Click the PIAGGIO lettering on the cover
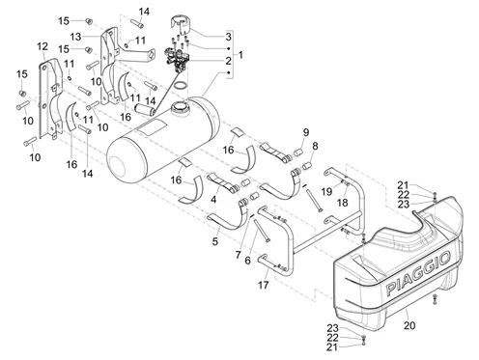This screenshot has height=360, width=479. [x=418, y=273]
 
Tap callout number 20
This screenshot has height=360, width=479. [x=409, y=325]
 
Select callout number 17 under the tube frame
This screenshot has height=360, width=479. [x=264, y=285]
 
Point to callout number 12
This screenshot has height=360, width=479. [x=42, y=46]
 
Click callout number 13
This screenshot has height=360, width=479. [x=75, y=37]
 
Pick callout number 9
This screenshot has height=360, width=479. [x=306, y=132]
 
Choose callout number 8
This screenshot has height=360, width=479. [x=315, y=146]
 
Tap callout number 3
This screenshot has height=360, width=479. [x=228, y=37]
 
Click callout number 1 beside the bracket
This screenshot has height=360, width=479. [x=240, y=55]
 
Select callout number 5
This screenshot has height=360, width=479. [x=215, y=241]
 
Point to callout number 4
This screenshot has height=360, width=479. [x=213, y=200]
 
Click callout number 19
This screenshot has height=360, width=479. [x=326, y=192]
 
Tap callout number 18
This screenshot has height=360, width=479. [x=342, y=203]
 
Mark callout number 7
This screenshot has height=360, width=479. [x=238, y=255]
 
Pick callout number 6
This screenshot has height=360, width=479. [x=247, y=261]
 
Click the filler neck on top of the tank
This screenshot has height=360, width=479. [x=179, y=107]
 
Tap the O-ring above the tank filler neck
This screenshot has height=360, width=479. [x=181, y=86]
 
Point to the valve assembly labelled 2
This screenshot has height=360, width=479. [x=177, y=59]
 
